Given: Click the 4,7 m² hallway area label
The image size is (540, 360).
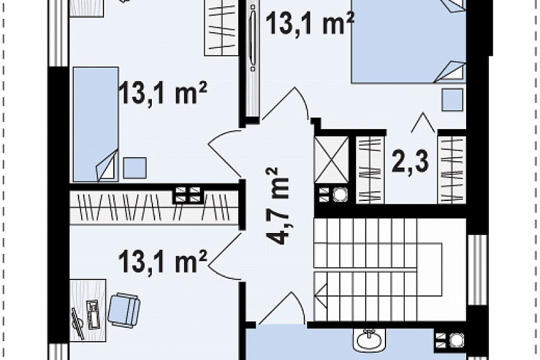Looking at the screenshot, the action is tap(278, 206).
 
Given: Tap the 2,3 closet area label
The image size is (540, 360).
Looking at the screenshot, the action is tap(410, 162).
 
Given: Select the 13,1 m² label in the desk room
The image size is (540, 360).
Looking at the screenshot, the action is tap(162, 261).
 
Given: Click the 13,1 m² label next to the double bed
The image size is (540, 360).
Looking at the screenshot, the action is tap(310, 22).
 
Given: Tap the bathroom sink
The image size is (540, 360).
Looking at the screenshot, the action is tap(369, 340).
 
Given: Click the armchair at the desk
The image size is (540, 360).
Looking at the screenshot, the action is tap(124, 310).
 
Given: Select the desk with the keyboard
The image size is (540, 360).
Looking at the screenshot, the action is tap(88, 310).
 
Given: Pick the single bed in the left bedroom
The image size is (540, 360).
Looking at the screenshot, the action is tap(96, 124).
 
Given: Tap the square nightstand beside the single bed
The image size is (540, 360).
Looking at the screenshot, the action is tap(135, 168).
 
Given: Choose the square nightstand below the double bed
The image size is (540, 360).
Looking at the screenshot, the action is tap(452, 100).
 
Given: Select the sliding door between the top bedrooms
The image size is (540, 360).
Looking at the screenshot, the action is tap(253, 57).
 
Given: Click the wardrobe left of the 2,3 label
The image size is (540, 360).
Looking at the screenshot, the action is tap(370, 170).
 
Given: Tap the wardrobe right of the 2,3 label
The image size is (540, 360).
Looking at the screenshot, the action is tap(452, 170).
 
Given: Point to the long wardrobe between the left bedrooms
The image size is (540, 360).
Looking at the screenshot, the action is tap(154, 207).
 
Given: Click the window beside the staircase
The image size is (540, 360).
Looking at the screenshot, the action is tap(477, 270).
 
